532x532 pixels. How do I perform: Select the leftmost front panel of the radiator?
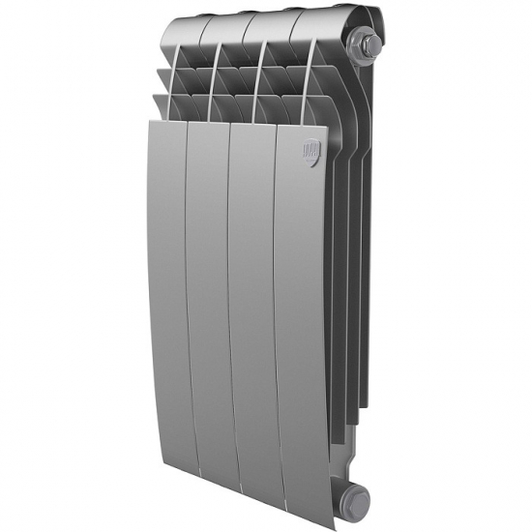pos(166,290)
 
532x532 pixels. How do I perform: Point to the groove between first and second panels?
pos(189,290)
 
